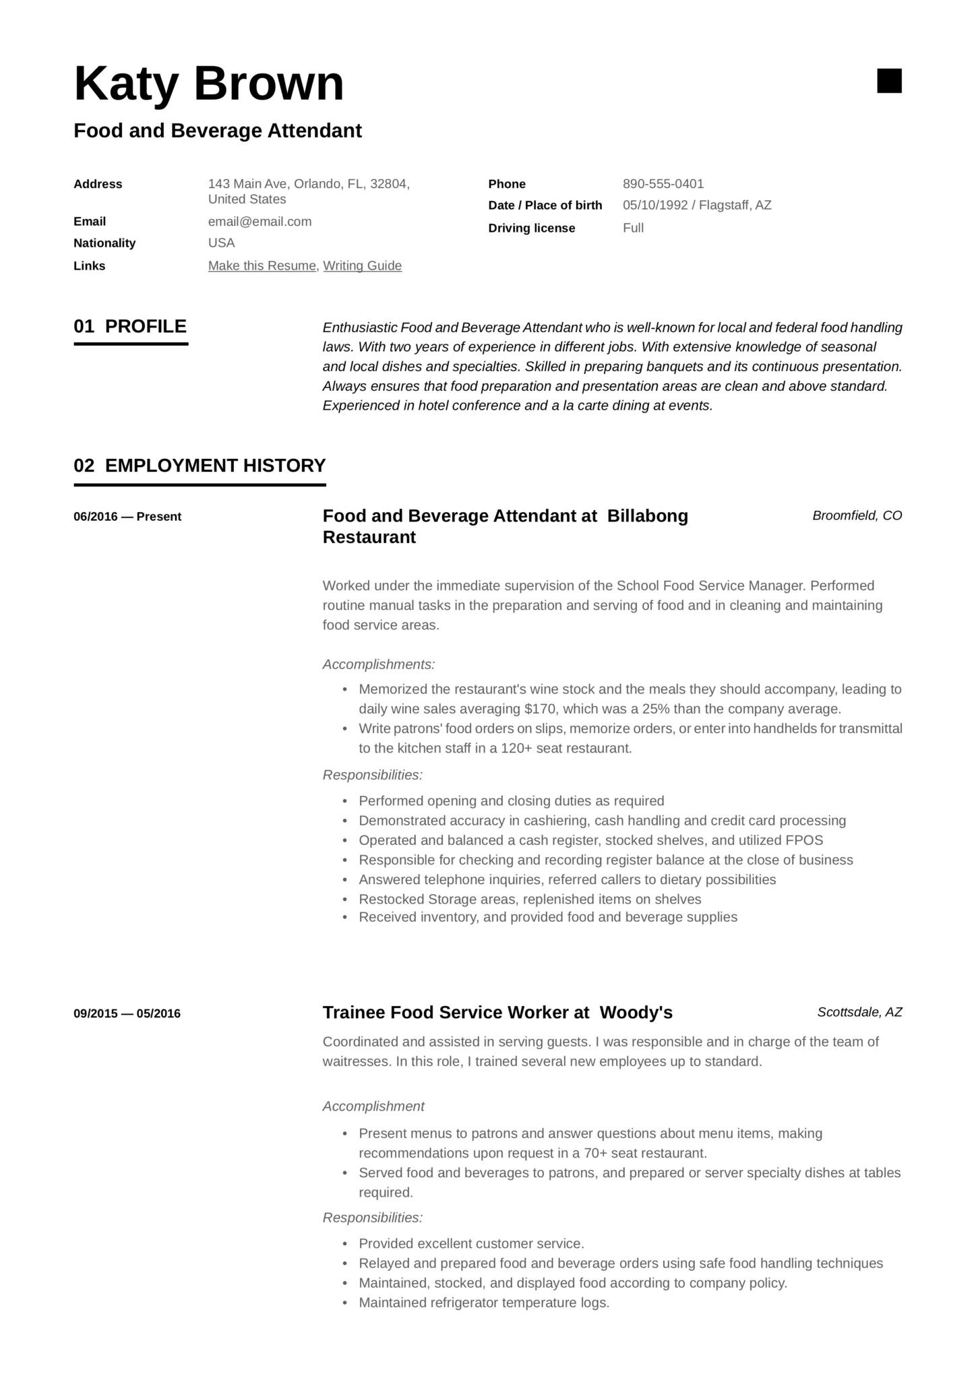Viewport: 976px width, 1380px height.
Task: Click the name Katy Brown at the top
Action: pos(208,84)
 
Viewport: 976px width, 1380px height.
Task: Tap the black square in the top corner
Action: pos(888,81)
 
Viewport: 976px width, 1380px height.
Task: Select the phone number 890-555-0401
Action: pos(663,184)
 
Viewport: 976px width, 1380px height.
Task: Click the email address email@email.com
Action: pos(260,222)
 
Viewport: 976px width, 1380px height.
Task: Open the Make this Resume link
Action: pos(262,266)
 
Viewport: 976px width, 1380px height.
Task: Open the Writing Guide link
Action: pos(362,266)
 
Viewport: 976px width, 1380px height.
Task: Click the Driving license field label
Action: pos(531,228)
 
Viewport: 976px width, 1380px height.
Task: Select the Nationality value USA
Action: pos(221,243)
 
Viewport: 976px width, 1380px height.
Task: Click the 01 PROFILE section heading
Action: pos(130,327)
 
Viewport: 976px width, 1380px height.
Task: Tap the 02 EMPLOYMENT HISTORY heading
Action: pos(200,466)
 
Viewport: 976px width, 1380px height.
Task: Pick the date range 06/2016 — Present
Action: pos(127,517)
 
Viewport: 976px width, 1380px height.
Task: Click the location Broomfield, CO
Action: pos(857,516)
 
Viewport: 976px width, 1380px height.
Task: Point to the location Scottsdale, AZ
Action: pos(859,1012)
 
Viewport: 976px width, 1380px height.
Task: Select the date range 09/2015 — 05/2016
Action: pos(127,1013)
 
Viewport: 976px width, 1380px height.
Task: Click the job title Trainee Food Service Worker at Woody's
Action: pos(497,1013)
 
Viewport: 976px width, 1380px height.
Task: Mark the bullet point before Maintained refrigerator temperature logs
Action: pos(345,1303)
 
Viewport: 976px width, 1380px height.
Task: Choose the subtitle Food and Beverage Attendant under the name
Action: pos(217,131)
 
